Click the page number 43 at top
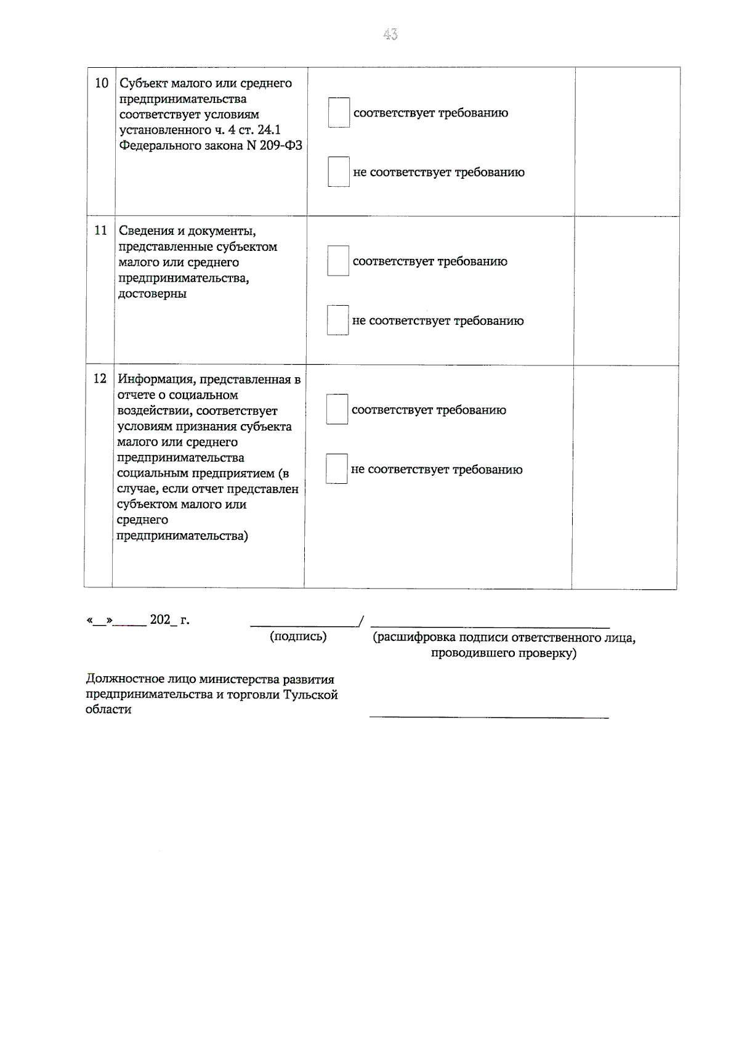click(x=390, y=35)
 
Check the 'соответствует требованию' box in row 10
click(x=339, y=113)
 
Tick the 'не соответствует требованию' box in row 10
click(x=339, y=172)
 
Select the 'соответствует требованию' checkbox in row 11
click(x=338, y=261)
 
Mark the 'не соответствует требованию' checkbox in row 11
click(x=337, y=321)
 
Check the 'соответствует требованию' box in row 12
click(x=337, y=410)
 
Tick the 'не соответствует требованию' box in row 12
click(x=336, y=469)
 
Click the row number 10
click(x=102, y=83)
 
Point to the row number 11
click(x=100, y=231)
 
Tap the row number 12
click(x=100, y=378)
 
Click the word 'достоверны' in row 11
click(x=153, y=293)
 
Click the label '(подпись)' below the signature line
click(x=298, y=636)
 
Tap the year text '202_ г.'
click(x=169, y=620)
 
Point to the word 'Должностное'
click(x=124, y=679)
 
